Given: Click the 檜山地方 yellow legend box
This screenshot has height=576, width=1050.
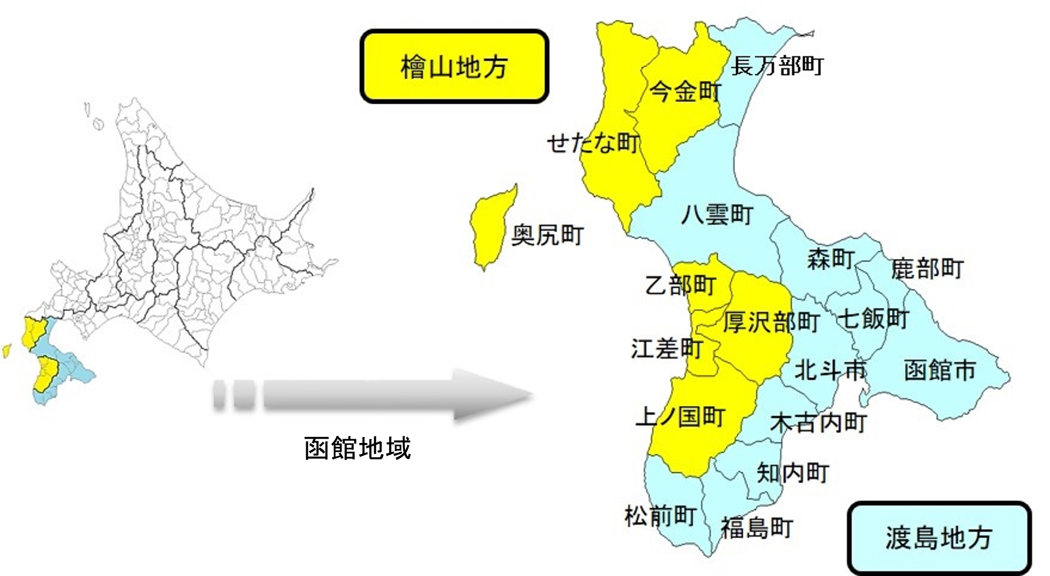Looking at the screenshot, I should (454, 67).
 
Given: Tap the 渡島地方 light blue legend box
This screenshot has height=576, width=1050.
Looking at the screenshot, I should (939, 537).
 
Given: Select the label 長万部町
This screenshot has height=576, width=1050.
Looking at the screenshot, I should (777, 66).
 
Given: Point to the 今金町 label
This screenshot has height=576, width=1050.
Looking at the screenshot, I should (685, 92).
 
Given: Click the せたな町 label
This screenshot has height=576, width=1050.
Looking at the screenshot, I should (592, 143).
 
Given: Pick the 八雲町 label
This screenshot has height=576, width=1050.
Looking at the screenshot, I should (717, 214).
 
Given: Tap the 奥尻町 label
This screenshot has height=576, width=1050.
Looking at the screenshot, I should (547, 235).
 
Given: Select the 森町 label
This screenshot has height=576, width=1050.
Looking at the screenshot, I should (831, 259).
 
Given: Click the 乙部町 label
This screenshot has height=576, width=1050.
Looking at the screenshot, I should (680, 285).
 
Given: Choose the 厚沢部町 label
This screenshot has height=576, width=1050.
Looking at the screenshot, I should (771, 322).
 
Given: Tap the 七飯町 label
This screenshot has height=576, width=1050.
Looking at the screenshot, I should (873, 319).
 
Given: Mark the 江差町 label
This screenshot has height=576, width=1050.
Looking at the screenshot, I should (667, 349).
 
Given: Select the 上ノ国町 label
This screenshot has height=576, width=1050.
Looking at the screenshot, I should (680, 416).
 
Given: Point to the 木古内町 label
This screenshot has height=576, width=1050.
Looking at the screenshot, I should (818, 422).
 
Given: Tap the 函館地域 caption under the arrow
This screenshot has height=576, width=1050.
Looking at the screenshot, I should (357, 448).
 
